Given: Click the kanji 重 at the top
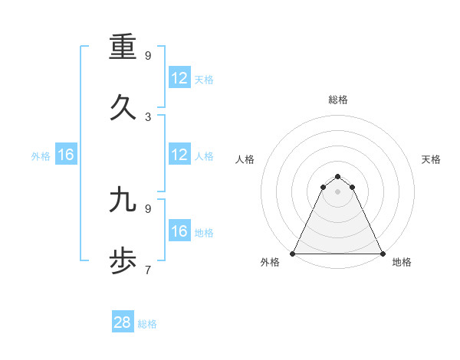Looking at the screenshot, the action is point(123,47).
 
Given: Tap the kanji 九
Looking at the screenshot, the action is point(123,200).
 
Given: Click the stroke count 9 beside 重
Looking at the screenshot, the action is point(148,56).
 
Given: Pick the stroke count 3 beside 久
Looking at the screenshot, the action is point(148,117).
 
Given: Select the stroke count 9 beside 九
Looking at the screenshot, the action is point(148,208).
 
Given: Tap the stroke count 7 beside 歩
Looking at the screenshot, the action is point(148,270).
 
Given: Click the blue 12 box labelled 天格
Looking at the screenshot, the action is point(179,77).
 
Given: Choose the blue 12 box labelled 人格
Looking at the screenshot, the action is point(179,155).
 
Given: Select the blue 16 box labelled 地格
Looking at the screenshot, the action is point(179,231).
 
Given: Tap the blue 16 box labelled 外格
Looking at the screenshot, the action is point(65,155).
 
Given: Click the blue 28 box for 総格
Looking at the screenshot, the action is point(123,322).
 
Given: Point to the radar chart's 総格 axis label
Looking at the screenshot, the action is point(338,100).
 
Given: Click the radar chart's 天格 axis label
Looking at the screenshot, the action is point(432,159).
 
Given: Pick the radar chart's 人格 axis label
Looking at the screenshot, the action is point(245,159).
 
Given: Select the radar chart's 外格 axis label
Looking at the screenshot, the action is point(270,263).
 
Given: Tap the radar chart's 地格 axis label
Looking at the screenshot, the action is point(402,263).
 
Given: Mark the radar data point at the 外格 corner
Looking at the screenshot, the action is point(293,253).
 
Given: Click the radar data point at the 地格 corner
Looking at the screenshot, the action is point(383,253).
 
